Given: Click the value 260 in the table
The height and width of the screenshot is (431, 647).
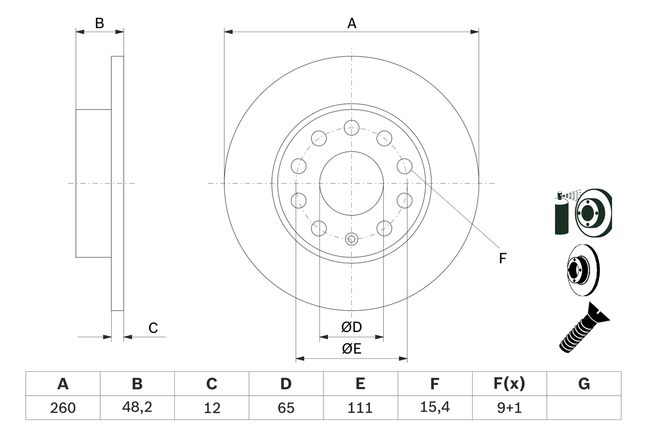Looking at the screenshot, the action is tap(63, 408).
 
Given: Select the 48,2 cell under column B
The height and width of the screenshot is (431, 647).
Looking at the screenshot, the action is tap(137, 407).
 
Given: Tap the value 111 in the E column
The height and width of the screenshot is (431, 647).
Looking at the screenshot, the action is tap(360, 408).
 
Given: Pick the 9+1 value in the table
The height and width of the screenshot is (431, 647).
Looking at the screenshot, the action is tap(509, 408).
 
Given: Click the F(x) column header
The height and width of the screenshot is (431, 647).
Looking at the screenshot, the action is tap(509, 384).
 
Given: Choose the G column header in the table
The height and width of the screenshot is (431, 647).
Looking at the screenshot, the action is tap(584, 384).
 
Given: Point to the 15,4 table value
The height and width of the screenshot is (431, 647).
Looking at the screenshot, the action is tap(435, 407).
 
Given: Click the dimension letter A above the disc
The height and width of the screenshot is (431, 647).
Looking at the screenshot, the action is tap(351, 23).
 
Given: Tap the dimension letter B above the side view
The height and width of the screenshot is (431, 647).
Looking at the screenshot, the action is tap(100, 23).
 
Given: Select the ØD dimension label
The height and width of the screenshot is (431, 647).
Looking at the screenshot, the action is tap(351, 327).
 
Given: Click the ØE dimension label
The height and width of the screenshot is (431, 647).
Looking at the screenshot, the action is tap(351, 349).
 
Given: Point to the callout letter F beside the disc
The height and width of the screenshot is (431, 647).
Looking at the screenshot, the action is tap(502, 258).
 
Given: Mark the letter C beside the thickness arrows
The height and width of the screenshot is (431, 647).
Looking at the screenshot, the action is tap(153, 328).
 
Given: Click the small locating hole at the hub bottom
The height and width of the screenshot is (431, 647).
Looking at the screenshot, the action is tap(351, 238).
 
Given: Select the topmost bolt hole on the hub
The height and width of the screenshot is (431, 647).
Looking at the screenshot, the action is tap(351, 128).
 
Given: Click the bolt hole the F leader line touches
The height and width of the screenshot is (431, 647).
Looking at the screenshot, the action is tap(404, 166).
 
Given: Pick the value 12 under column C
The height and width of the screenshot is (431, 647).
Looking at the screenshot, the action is tap(212, 408).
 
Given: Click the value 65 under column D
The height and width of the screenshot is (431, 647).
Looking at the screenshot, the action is tap(286, 408).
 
